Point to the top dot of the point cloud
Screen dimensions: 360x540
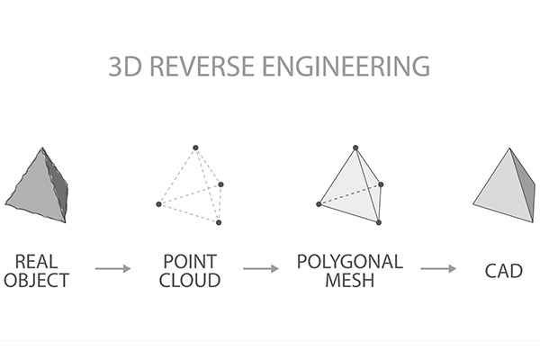click(x=194, y=147)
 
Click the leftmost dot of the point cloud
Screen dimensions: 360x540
click(x=158, y=205)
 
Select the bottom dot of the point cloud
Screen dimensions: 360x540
click(x=219, y=223)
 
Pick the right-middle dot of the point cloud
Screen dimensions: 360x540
click(x=220, y=184)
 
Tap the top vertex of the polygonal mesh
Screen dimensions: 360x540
click(x=356, y=147)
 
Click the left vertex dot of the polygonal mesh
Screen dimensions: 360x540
click(x=319, y=204)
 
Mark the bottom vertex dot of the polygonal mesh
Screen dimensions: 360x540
click(x=380, y=222)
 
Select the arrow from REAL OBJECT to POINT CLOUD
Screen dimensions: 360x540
click(x=113, y=268)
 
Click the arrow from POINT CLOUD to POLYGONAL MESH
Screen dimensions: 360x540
click(x=261, y=268)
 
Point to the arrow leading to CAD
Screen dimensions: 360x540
click(x=438, y=268)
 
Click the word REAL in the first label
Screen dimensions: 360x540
click(x=35, y=260)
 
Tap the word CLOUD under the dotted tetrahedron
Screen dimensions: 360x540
click(x=190, y=279)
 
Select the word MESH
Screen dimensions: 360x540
click(x=350, y=279)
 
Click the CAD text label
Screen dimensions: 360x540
click(x=503, y=269)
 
